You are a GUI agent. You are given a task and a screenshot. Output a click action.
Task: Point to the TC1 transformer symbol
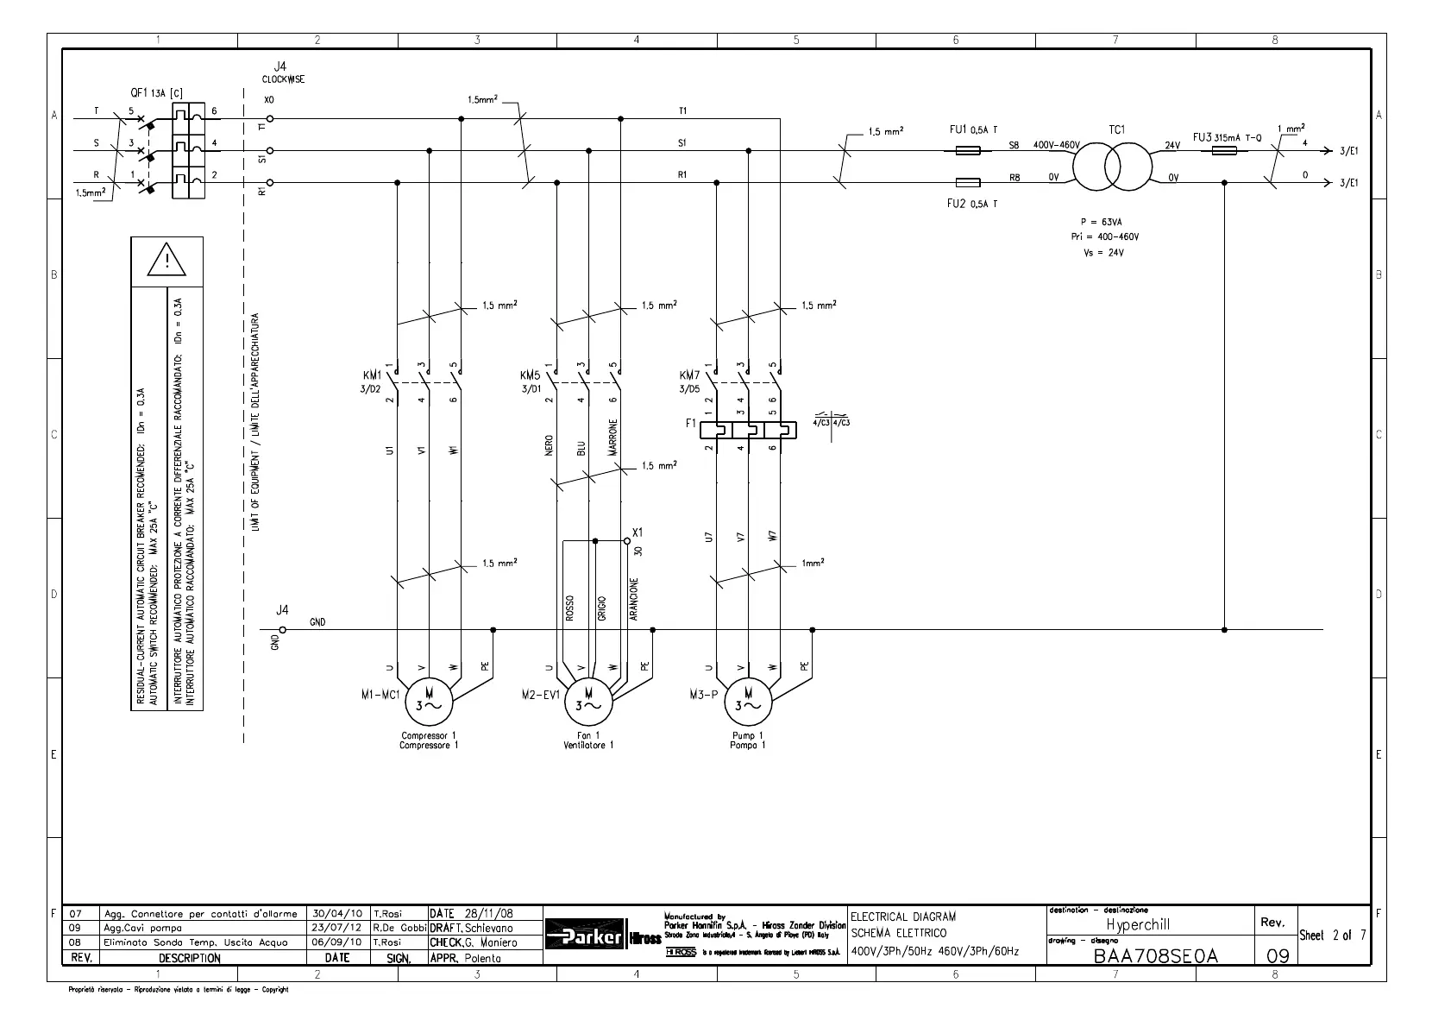1112,161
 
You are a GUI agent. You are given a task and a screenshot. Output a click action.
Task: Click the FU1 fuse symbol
967,150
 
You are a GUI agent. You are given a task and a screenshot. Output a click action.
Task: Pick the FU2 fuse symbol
967,183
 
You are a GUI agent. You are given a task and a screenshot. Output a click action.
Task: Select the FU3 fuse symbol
1224,150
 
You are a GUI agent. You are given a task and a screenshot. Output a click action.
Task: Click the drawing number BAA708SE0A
1155,956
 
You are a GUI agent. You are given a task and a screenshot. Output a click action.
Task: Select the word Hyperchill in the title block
1138,924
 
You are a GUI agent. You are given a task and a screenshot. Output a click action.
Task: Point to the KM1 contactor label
372,376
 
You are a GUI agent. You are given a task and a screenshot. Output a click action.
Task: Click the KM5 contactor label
530,376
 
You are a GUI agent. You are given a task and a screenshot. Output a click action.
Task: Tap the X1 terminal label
638,532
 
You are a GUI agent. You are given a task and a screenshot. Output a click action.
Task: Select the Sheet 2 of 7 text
1332,936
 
